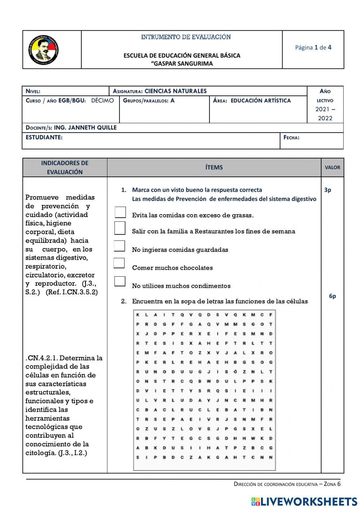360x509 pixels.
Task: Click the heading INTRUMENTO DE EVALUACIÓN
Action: click(186, 37)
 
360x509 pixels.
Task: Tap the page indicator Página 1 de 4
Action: click(313, 47)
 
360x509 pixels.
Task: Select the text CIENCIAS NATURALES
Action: click(175, 91)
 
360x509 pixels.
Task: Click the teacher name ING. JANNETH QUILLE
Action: click(85, 128)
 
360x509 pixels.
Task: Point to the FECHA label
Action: click(291, 137)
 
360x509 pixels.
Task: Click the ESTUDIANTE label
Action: click(44, 137)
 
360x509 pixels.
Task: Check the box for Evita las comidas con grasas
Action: click(120, 213)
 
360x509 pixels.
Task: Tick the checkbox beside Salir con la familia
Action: click(120, 228)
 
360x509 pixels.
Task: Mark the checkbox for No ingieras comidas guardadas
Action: click(120, 246)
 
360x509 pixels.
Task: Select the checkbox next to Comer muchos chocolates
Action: click(119, 263)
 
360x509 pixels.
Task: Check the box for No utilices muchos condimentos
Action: click(120, 281)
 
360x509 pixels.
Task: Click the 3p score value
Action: click(328, 190)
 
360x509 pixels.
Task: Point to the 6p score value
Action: click(332, 296)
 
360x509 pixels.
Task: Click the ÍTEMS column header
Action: click(214, 168)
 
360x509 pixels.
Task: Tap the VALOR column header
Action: click(332, 168)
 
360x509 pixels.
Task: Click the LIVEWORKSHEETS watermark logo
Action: click(304, 501)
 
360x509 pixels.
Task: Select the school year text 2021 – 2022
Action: click(325, 113)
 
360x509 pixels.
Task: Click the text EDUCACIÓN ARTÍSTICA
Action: click(260, 101)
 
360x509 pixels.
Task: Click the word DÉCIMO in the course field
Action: click(102, 101)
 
